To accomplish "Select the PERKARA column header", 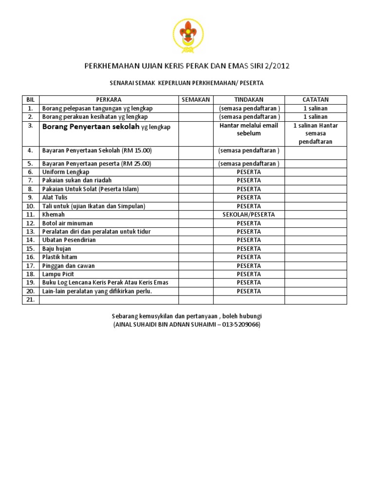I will pos(109,100).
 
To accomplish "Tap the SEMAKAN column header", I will pos(195,100).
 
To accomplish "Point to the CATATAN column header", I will pos(316,100).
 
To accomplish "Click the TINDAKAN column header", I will pos(248,100).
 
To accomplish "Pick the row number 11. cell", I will pos(30,215).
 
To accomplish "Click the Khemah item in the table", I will pos(54,215).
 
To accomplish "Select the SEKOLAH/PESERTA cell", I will pos(248,215).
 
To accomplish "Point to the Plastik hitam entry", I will pos(59,257).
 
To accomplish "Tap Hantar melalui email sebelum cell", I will pos(248,129).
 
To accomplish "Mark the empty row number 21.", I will pos(30,300).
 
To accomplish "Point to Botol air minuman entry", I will pos(67,223).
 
